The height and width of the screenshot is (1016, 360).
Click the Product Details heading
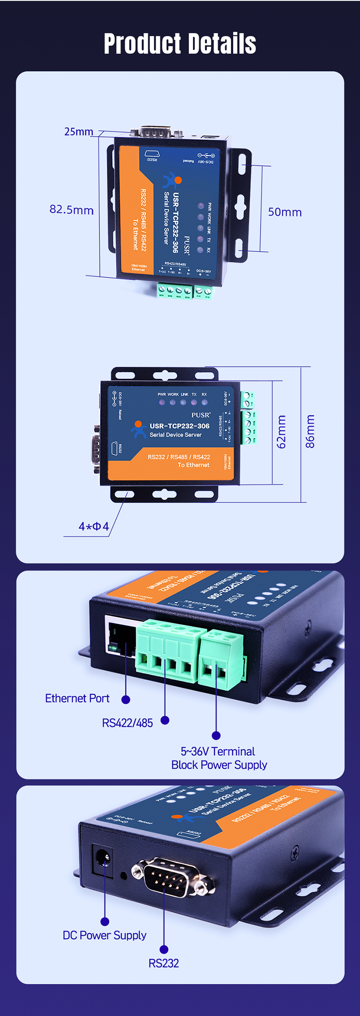(x=180, y=44)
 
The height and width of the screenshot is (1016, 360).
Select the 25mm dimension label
(x=79, y=132)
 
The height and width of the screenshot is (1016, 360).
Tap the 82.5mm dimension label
(x=72, y=210)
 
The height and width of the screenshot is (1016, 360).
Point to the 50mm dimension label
(x=285, y=212)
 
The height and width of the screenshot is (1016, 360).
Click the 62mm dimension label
(x=281, y=432)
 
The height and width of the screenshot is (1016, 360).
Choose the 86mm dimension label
(x=311, y=432)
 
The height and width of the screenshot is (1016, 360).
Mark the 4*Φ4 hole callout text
(x=94, y=526)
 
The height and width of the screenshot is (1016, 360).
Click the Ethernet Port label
(x=77, y=698)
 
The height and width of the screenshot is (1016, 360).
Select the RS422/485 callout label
(x=127, y=723)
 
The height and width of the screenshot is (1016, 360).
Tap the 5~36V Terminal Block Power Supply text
(x=219, y=758)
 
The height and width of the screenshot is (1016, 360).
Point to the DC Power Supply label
(x=104, y=935)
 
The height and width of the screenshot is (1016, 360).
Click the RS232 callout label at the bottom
(x=163, y=963)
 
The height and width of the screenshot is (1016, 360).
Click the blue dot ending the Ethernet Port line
(x=126, y=700)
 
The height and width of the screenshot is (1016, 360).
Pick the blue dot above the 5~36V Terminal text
(x=216, y=735)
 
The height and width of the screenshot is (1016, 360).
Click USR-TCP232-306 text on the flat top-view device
(x=180, y=426)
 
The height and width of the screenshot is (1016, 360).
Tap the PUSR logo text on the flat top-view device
(x=201, y=415)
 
